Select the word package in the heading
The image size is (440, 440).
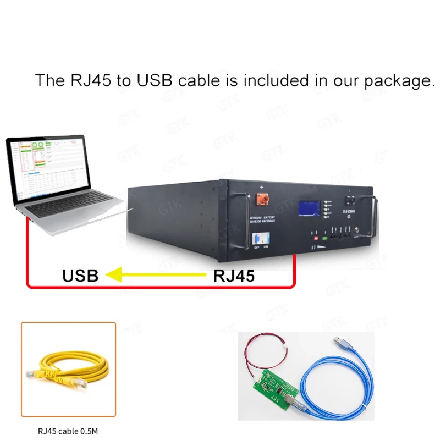(391, 81)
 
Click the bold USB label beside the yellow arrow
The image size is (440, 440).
(80, 276)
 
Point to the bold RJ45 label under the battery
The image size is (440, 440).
(234, 276)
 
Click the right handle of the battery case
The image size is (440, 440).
(373, 220)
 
